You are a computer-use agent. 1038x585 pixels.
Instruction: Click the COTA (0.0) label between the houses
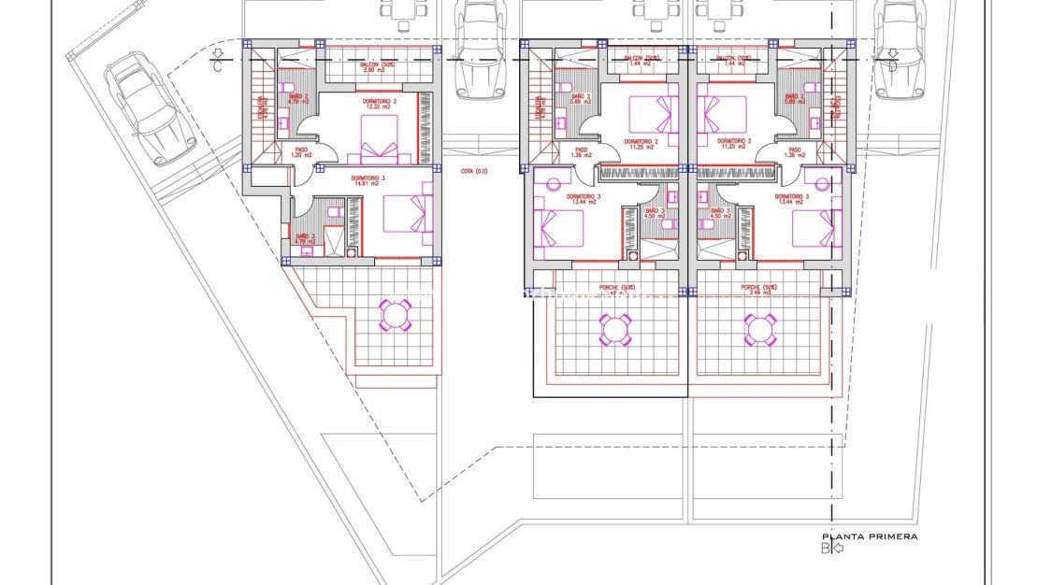tap(474, 171)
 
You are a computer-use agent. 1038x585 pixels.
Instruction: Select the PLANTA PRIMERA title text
tap(869, 536)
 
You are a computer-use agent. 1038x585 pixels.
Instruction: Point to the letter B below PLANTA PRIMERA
tap(826, 549)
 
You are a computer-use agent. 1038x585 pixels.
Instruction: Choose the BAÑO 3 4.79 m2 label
tap(305, 240)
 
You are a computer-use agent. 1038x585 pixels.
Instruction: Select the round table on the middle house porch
tap(614, 328)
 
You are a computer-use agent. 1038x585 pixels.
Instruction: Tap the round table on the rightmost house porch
tap(759, 328)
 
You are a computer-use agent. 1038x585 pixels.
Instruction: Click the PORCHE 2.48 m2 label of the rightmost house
tap(759, 290)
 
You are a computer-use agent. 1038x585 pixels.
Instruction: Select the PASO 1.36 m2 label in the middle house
tap(581, 153)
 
